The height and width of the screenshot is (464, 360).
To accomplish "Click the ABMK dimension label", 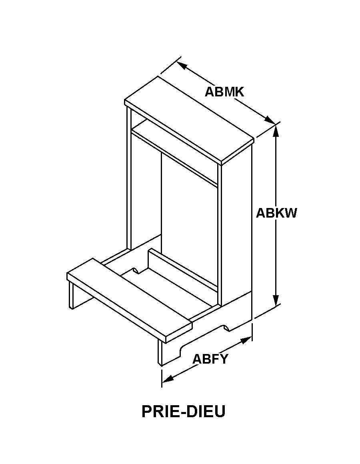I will [x=224, y=92].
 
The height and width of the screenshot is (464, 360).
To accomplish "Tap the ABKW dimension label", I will [x=276, y=213].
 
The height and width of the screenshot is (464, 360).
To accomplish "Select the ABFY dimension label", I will [x=210, y=359].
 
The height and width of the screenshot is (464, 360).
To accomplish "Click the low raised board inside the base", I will [x=180, y=268].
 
